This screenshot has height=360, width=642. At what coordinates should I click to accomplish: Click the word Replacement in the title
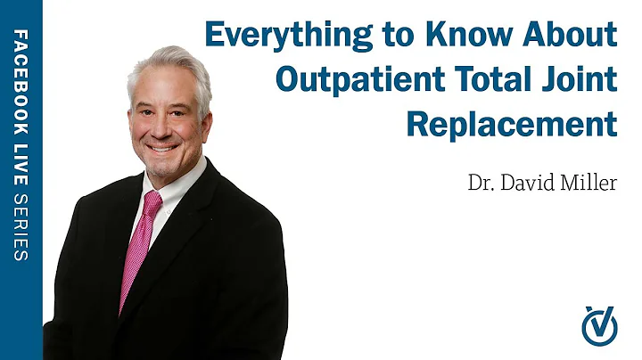point(512,122)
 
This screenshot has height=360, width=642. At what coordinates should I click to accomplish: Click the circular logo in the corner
point(599,324)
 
